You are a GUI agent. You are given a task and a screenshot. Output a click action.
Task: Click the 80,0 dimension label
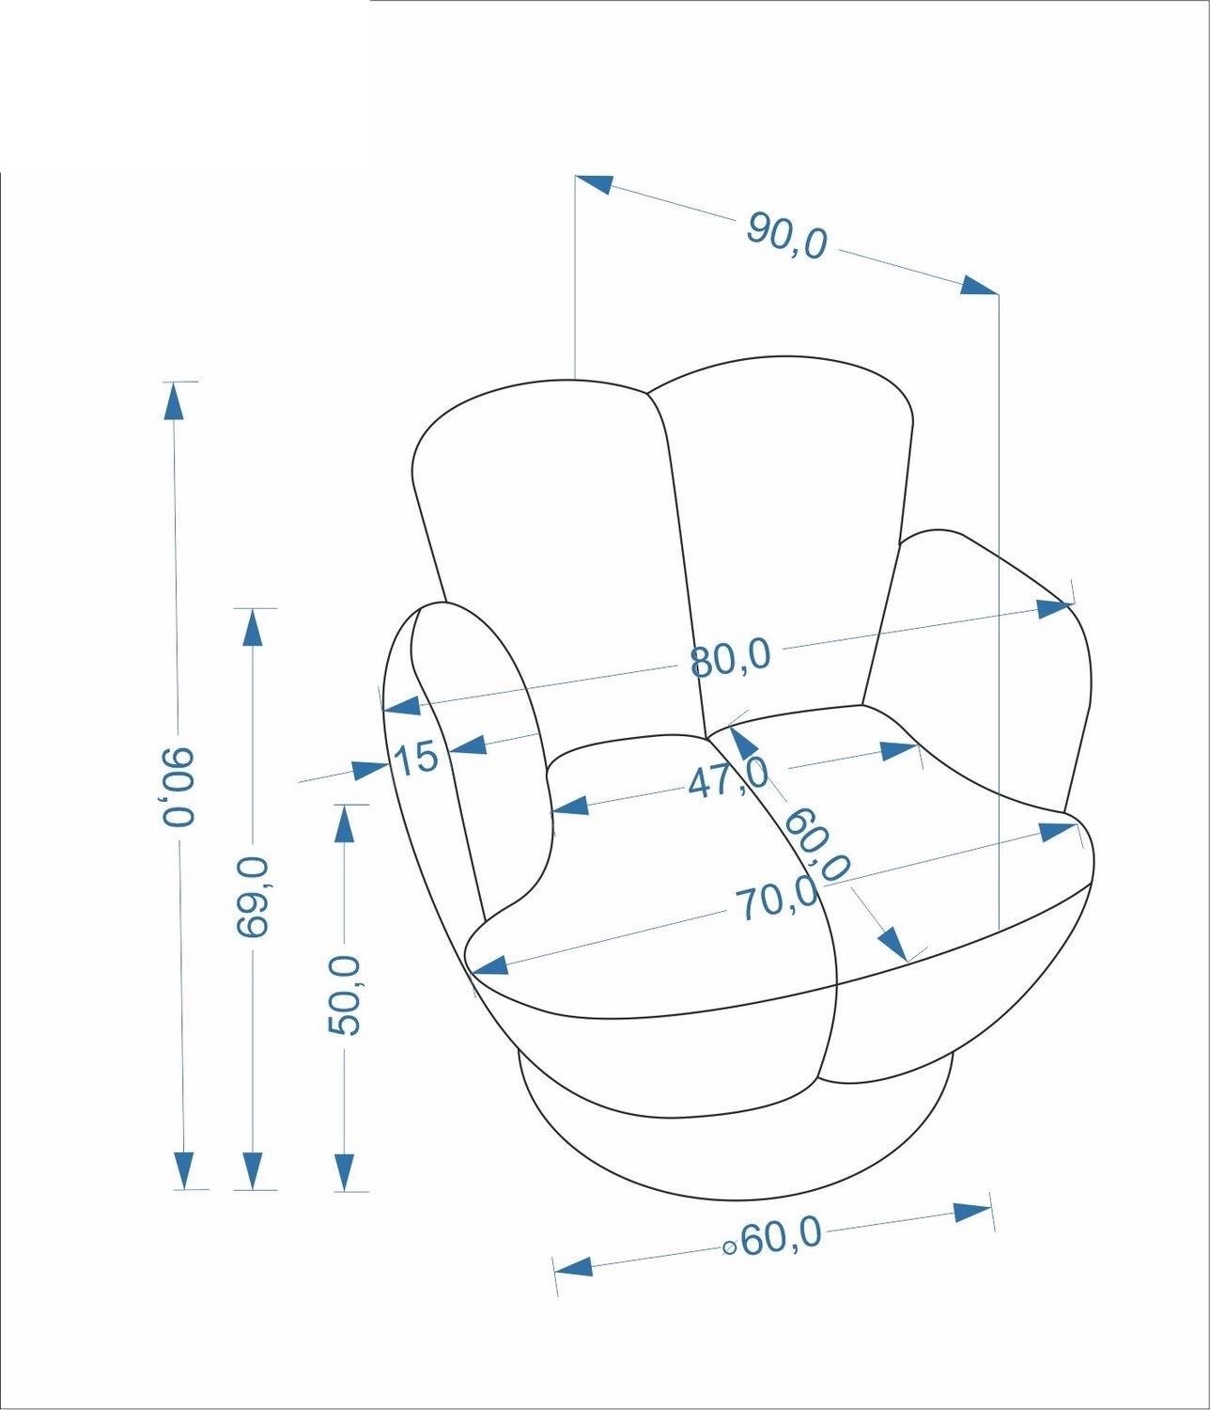click(730, 659)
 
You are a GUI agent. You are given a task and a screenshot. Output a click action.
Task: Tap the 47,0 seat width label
click(727, 779)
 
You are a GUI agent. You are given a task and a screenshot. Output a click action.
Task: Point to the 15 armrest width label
click(416, 758)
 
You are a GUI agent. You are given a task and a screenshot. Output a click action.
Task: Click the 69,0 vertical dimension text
click(254, 897)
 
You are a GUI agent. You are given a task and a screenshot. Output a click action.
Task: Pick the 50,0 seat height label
click(344, 995)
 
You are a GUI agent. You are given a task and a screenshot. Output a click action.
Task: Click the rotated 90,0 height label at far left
click(178, 787)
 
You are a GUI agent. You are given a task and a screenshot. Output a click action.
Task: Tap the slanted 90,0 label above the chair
click(786, 235)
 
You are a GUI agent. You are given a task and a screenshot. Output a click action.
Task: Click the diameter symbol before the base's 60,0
click(729, 1247)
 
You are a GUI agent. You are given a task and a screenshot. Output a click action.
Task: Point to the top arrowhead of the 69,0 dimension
click(253, 627)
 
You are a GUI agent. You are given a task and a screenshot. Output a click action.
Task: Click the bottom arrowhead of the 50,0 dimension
click(344, 1172)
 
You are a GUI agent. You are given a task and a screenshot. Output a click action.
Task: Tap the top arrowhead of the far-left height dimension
click(175, 400)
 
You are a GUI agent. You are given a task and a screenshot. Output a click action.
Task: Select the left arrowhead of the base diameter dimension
click(573, 1267)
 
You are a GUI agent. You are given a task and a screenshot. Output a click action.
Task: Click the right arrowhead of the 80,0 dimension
click(1054, 608)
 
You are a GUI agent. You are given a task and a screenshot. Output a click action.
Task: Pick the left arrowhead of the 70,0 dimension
click(489, 965)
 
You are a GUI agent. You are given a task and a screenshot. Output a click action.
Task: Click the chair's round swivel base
click(737, 1152)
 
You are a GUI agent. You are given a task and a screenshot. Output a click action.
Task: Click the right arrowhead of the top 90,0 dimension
click(979, 285)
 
